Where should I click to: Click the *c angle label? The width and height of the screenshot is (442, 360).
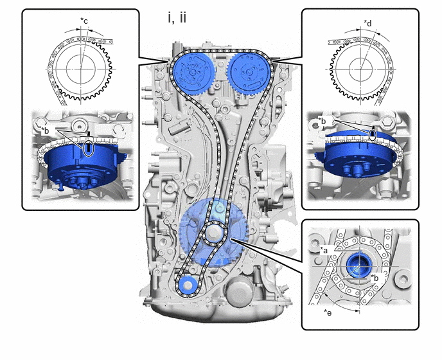[84, 21]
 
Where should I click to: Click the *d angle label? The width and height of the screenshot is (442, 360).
[367, 23]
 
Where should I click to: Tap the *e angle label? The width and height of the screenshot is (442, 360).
[328, 312]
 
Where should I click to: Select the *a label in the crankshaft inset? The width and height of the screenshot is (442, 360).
[324, 250]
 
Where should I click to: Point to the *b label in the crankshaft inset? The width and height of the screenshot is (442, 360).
[375, 278]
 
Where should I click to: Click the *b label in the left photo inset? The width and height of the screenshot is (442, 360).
[45, 130]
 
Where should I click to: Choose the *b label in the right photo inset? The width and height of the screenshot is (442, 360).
[323, 120]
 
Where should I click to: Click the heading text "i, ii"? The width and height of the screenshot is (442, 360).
[177, 18]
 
